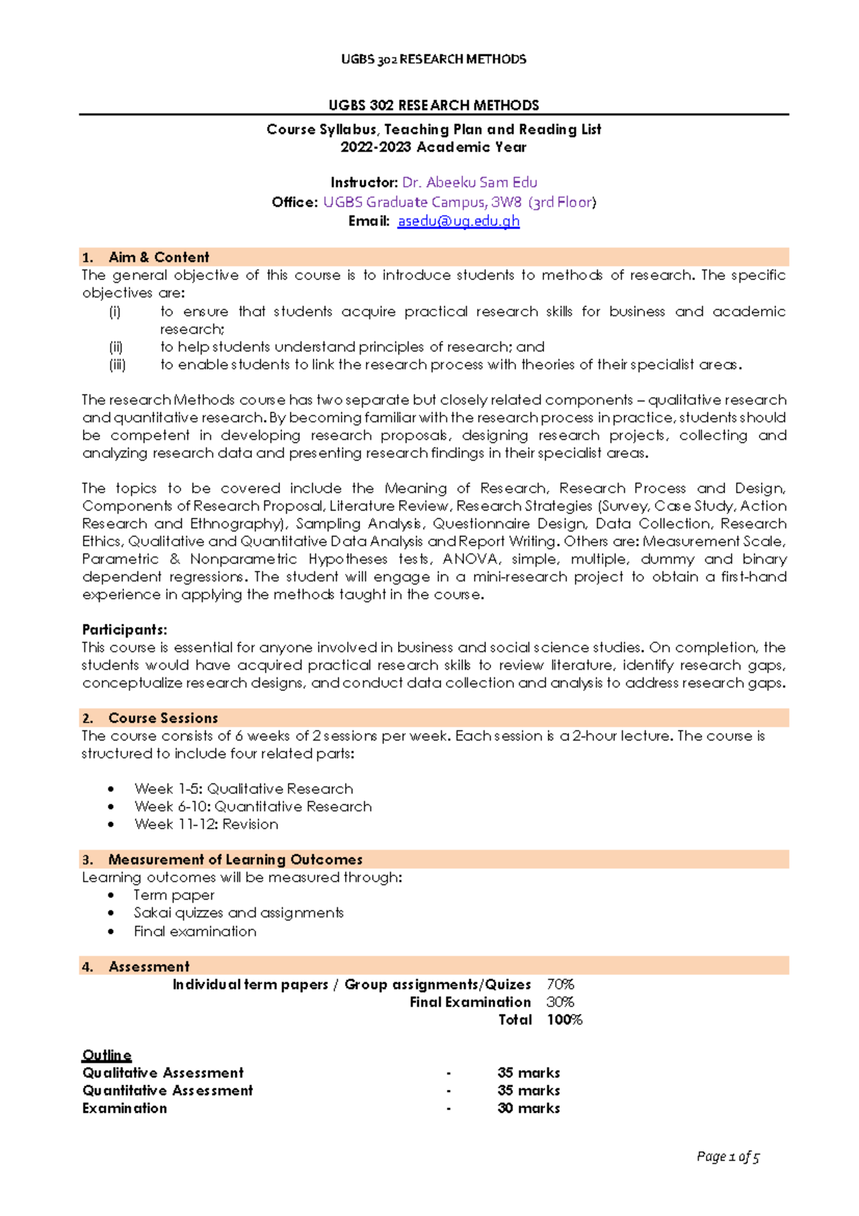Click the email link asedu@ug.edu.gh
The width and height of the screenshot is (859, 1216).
458,221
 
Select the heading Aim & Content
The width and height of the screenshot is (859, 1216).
159,257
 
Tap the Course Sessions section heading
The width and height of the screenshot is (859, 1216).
163,718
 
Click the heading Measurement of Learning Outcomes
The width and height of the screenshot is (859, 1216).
236,859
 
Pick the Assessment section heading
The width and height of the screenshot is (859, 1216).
149,967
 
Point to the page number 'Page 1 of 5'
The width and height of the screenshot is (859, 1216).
727,1156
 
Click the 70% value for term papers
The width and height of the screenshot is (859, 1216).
560,985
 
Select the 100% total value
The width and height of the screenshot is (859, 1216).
564,1020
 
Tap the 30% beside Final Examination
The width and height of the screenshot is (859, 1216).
560,1002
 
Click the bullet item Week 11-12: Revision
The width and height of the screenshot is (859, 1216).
206,824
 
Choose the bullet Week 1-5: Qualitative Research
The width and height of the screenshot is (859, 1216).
243,788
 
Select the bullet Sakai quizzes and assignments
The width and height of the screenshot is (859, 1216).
238,913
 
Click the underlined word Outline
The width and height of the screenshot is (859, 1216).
107,1055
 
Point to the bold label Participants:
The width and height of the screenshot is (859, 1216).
125,629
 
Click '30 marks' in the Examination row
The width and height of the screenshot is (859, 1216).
528,1108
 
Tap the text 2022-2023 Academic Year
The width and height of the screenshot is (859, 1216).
433,147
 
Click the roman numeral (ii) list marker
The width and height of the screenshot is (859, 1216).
116,347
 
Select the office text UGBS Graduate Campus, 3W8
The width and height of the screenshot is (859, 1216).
422,202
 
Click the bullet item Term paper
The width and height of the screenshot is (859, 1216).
174,895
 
